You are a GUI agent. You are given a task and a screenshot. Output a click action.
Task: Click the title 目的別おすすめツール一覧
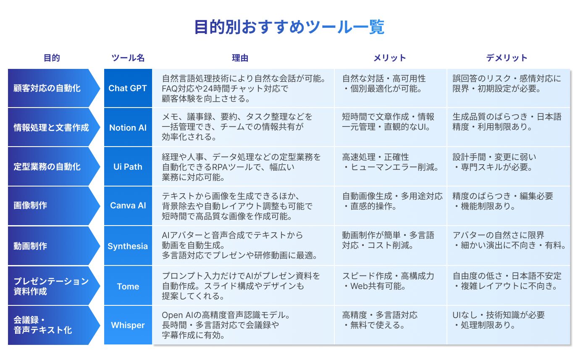289,27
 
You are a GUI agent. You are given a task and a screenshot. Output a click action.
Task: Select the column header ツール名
128,58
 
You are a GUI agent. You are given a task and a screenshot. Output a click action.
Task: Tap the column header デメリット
507,58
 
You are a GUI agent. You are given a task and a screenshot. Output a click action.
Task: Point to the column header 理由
240,58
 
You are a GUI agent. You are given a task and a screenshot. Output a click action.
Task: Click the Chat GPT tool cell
128,88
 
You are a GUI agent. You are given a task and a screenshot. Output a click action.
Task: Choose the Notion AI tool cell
128,127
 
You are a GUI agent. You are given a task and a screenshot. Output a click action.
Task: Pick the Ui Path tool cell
128,166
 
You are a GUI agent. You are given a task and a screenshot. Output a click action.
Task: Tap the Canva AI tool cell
128,205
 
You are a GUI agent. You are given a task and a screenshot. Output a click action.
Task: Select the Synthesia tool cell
128,246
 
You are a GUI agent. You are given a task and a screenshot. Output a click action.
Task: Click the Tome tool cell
128,286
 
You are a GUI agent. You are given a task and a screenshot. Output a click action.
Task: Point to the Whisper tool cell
128,325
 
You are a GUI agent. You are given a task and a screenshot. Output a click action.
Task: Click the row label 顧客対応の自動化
47,88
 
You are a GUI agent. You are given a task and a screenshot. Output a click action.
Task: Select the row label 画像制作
30,205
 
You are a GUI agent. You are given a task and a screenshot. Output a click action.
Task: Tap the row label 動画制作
30,246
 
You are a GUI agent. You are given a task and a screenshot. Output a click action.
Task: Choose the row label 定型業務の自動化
47,167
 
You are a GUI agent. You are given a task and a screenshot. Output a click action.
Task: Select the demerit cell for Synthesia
508,246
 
